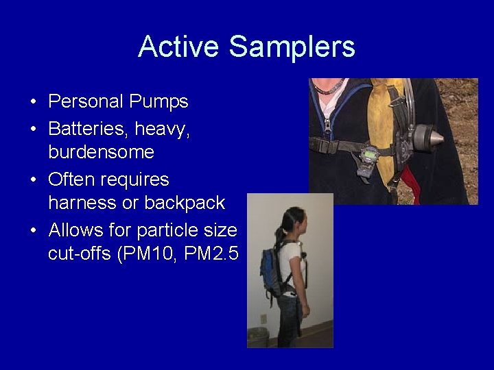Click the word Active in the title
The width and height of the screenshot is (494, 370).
coord(180,47)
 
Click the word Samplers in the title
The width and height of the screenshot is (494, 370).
coord(292,47)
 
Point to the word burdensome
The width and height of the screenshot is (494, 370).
coord(101,151)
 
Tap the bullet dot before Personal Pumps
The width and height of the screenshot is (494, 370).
coord(34,103)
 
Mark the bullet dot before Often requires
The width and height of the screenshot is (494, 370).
coord(34,180)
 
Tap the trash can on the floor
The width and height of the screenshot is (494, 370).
coord(258,336)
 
